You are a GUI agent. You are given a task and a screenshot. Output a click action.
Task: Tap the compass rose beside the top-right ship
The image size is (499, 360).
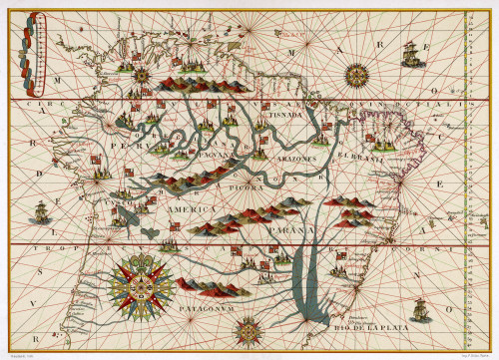[354, 73]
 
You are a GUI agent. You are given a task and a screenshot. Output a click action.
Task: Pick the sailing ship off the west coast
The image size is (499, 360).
[41, 212]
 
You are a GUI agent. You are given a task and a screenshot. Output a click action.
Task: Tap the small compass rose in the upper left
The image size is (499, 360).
[142, 73]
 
